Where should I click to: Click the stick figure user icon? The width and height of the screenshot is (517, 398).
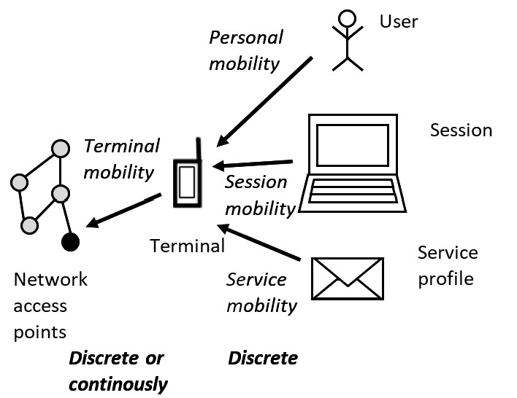(x=348, y=41)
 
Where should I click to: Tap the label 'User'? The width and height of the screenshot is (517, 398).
(x=399, y=21)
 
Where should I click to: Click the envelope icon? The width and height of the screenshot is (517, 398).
(x=347, y=278)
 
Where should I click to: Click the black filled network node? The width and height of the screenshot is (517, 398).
(x=70, y=242)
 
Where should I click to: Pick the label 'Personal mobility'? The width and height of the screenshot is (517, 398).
(x=245, y=50)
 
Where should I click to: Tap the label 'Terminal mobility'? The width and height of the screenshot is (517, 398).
(x=121, y=158)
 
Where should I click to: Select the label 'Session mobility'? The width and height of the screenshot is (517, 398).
(x=258, y=195)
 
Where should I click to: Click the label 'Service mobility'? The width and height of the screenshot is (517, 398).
(x=261, y=292)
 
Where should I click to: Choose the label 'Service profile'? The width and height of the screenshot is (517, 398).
(x=447, y=265)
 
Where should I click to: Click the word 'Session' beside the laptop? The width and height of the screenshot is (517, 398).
(x=461, y=130)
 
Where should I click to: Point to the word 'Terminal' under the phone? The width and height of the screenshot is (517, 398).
(x=188, y=246)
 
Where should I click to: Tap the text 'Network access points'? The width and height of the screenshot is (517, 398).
(x=50, y=305)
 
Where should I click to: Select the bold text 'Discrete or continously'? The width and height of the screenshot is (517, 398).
(x=118, y=370)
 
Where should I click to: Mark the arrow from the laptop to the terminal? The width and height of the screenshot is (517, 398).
(x=253, y=165)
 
